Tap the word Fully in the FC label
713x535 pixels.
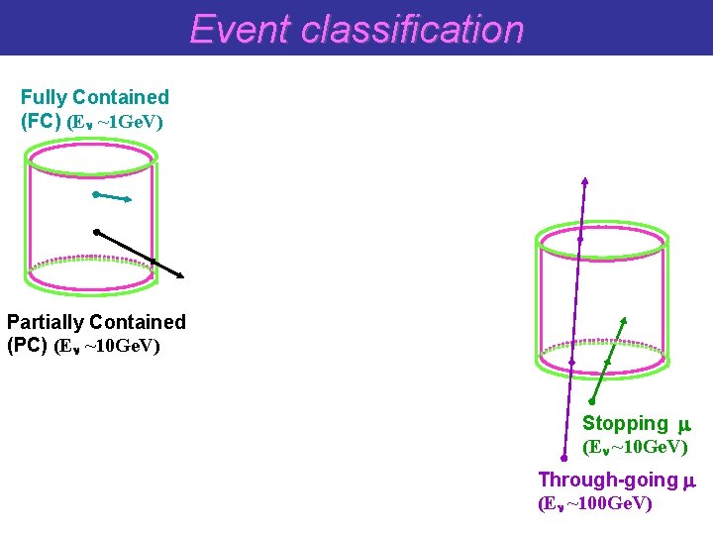44,97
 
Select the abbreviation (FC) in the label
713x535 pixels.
41,122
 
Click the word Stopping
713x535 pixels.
625,424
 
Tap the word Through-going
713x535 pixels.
607,481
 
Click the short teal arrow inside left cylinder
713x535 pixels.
112,197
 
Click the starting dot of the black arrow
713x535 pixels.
96,232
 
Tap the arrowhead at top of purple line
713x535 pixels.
584,180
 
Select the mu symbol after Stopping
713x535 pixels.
682,425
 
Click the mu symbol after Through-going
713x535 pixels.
690,481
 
